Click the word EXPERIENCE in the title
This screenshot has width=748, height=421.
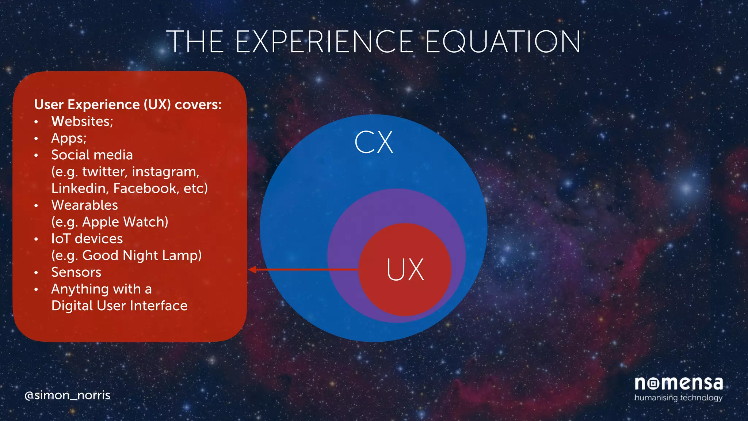(324, 42)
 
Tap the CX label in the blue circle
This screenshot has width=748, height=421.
(373, 142)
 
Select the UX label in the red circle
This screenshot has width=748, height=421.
(405, 270)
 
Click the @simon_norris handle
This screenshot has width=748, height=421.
(67, 395)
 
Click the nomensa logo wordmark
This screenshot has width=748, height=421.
(679, 383)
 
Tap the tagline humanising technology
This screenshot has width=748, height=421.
(678, 398)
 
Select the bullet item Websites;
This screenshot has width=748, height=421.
(82, 121)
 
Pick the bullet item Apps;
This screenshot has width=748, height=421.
(69, 138)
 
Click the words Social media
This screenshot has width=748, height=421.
(92, 155)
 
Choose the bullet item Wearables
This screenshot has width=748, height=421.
(85, 205)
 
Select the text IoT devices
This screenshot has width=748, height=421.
(87, 239)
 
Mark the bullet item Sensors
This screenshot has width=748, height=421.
(76, 272)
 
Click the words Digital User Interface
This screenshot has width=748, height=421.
(119, 306)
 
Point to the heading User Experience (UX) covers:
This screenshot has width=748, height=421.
(128, 105)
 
